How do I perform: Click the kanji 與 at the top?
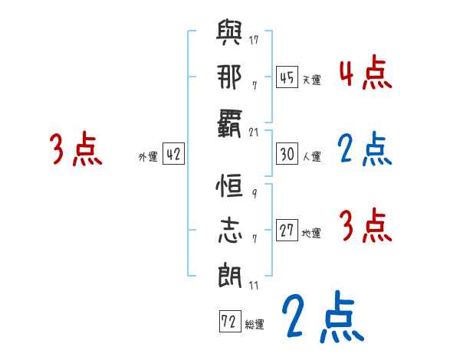231,34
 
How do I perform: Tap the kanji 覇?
231,122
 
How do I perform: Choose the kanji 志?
231,231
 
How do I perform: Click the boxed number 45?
287,77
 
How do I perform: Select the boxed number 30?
287,154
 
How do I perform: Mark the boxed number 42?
174,155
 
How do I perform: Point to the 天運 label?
310,80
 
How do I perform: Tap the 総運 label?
255,324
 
